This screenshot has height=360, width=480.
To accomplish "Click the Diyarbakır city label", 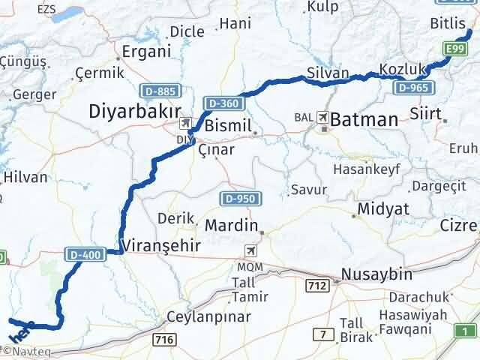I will tap(130, 112).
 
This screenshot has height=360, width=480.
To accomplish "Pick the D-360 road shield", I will tap(223, 101).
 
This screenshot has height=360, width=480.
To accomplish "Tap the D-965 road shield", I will tap(412, 88).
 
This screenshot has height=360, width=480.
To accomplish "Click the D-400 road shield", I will tap(83, 255).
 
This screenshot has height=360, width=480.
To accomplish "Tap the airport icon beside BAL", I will tap(323, 118).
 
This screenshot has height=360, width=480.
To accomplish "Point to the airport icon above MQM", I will tap(250, 251).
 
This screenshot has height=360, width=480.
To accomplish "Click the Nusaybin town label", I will tap(373, 274).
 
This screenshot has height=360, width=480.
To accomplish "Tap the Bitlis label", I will tap(448, 25).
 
